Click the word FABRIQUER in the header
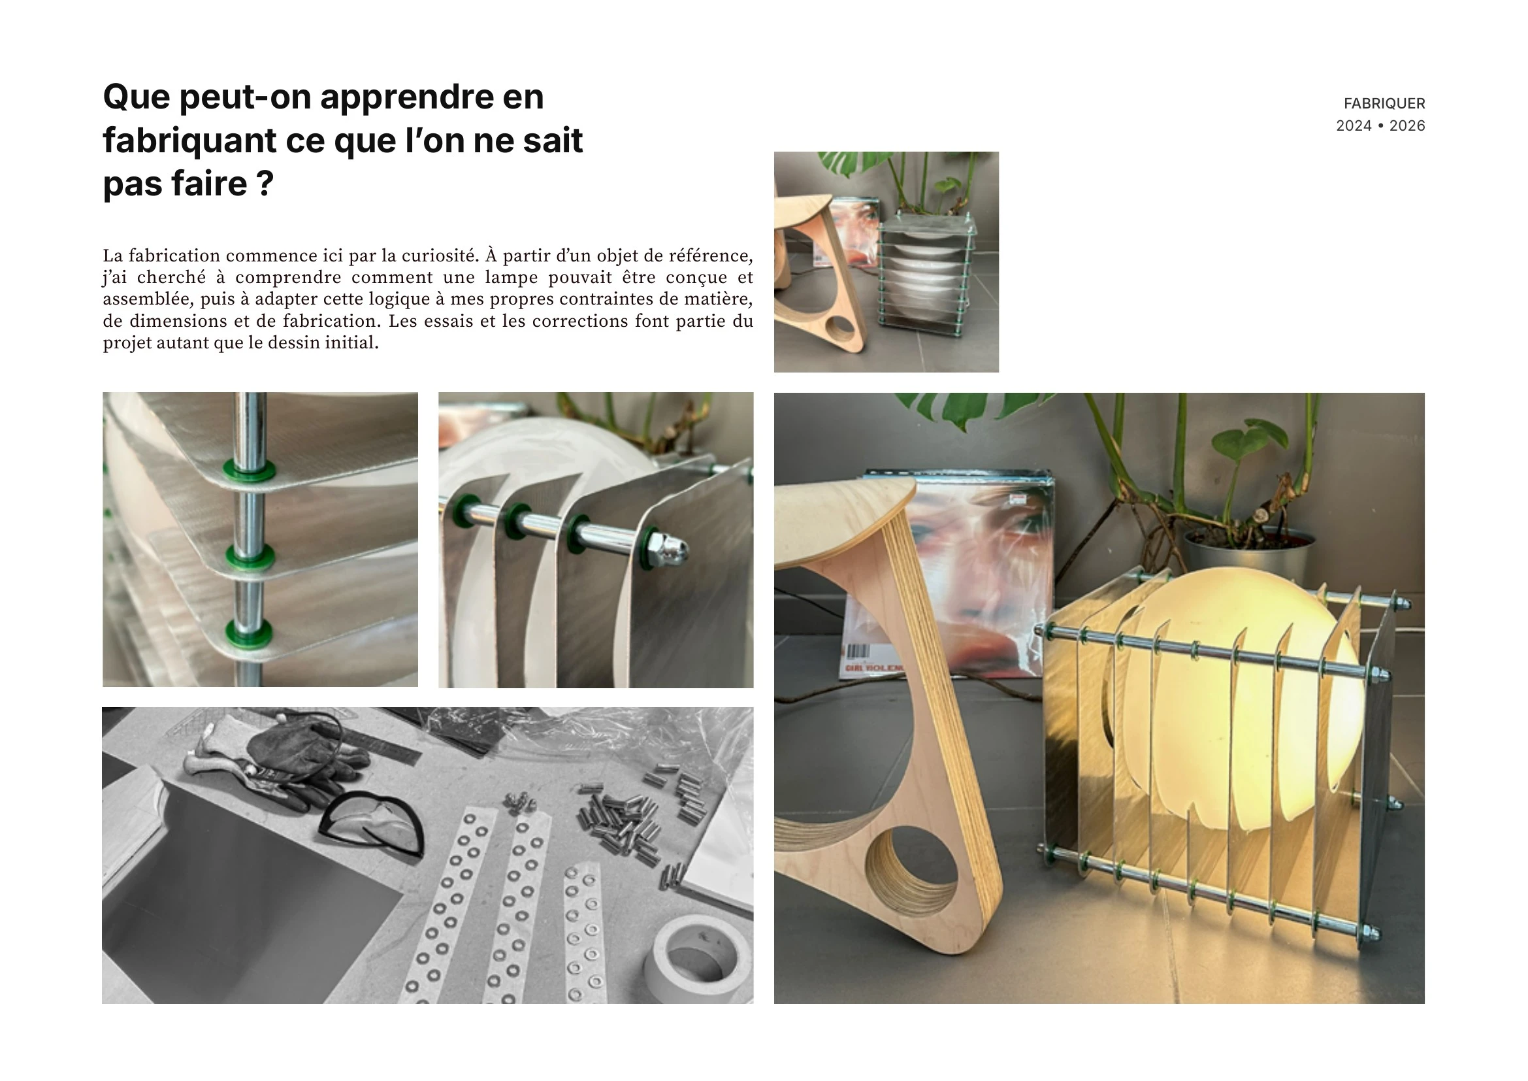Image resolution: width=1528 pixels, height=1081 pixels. click(x=1384, y=103)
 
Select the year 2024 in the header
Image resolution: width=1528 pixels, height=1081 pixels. click(x=1354, y=125)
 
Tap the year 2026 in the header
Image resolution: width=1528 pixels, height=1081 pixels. click(x=1408, y=125)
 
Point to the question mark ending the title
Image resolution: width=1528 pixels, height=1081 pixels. click(x=265, y=183)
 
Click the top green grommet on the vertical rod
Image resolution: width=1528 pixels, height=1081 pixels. click(x=250, y=469)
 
